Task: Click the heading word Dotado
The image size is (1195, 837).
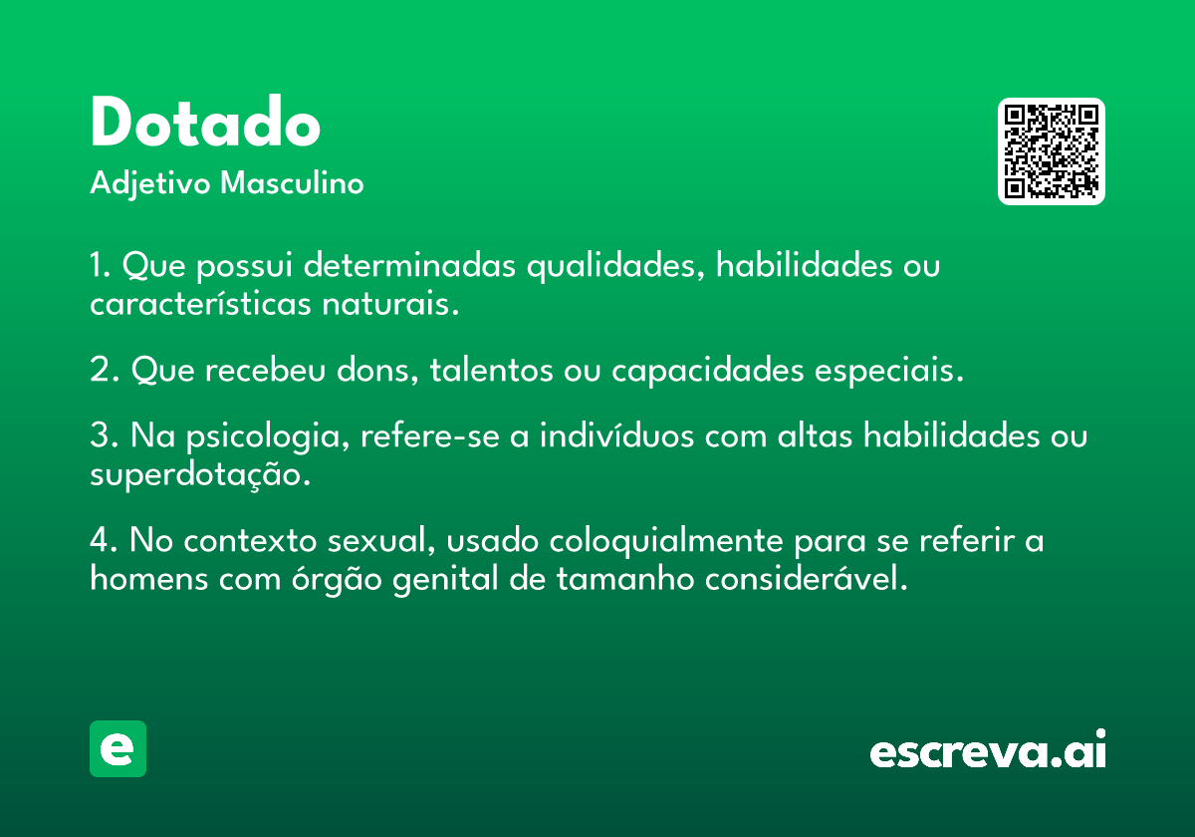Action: (x=205, y=121)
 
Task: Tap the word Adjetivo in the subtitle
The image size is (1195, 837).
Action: (x=150, y=183)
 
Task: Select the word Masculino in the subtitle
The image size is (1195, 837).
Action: (x=292, y=182)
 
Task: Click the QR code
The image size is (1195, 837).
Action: (x=1051, y=151)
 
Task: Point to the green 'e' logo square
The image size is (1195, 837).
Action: (x=118, y=748)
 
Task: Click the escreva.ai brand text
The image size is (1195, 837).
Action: (x=988, y=748)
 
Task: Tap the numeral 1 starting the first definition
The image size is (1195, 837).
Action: (x=96, y=265)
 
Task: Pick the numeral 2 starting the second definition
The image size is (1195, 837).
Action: (x=101, y=370)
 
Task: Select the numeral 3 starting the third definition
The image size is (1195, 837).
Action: (x=101, y=434)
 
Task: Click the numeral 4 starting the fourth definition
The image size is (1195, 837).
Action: (x=101, y=540)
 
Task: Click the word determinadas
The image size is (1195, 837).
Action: (x=409, y=264)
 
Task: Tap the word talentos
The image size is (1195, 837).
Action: (x=491, y=370)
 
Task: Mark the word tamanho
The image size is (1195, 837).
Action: (x=624, y=578)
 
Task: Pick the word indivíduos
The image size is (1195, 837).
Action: (x=616, y=434)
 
